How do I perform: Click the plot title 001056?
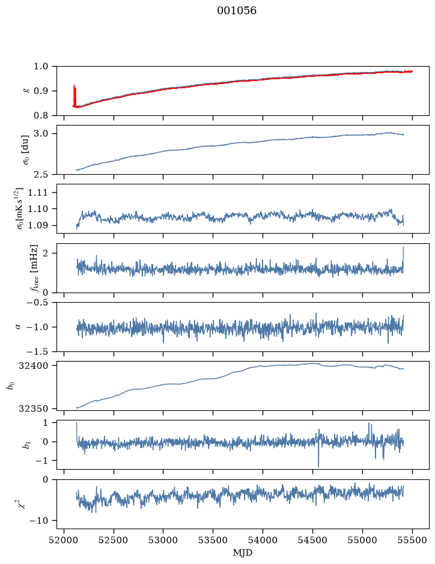[x=236, y=11]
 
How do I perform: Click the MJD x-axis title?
[x=243, y=553]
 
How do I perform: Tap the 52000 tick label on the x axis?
[x=64, y=541]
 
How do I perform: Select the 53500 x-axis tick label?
[x=213, y=541]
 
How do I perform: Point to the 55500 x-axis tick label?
[x=412, y=541]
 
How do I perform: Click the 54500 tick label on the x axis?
[x=312, y=541]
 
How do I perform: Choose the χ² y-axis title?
[x=23, y=504]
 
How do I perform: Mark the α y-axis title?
[x=18, y=327]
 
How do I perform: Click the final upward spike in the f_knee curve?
[x=403, y=259]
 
